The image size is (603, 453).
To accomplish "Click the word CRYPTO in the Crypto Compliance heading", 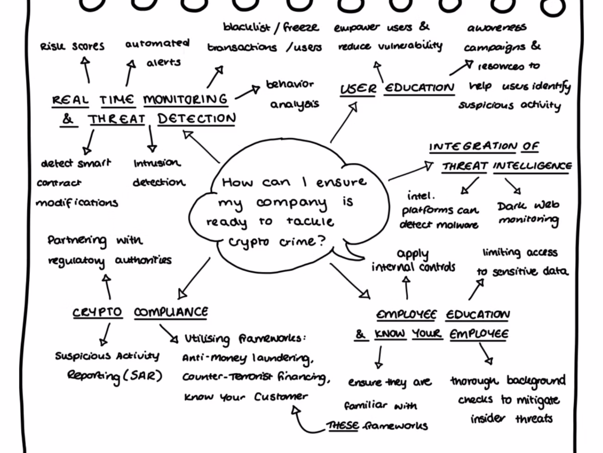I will click(x=97, y=312).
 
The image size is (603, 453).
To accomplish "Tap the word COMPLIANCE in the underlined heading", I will click(x=171, y=312).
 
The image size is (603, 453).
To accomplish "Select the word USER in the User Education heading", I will click(x=358, y=89).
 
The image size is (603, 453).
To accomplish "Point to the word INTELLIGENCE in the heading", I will click(x=532, y=166).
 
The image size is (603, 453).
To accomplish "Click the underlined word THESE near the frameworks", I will click(x=343, y=426).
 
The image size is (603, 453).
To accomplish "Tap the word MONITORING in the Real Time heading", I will click(x=185, y=99).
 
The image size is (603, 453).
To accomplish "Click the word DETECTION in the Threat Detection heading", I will click(x=197, y=119).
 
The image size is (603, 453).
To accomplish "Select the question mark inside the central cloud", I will click(x=320, y=241).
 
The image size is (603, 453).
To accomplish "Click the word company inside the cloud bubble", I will click(x=291, y=202).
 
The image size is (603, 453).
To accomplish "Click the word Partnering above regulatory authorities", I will click(x=77, y=240).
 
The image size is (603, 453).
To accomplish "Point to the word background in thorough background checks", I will click(x=535, y=381).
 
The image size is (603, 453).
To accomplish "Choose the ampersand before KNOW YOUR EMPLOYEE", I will click(x=360, y=334).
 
